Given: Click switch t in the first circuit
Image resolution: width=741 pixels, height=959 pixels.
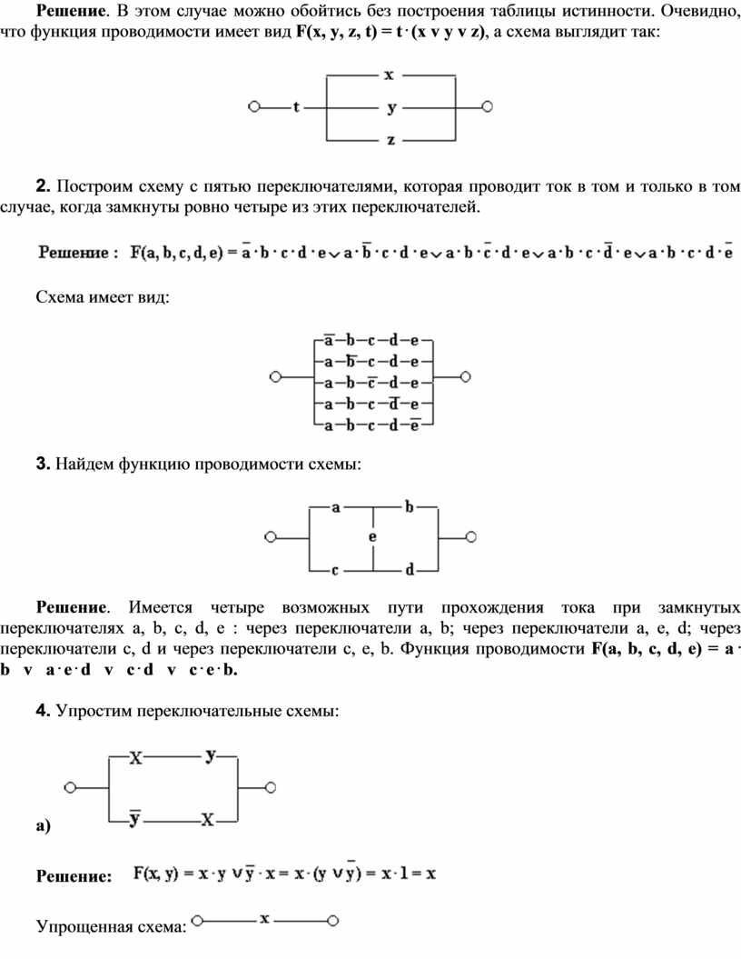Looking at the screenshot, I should (297, 107).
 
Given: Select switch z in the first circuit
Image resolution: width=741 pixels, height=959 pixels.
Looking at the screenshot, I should (390, 140).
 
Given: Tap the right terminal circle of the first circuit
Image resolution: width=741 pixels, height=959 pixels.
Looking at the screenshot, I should (488, 107).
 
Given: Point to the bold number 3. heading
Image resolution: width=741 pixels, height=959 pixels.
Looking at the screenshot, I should (42, 465).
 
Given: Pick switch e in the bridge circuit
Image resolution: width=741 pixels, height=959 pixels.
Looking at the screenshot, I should (373, 538).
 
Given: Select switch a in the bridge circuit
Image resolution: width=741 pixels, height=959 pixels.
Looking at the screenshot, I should (336, 508).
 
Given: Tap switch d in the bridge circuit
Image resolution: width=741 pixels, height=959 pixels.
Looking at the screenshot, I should (410, 570).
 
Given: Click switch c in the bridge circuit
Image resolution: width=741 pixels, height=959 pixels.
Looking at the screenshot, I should (335, 570).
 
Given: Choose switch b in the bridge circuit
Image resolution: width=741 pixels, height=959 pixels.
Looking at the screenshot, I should (410, 507).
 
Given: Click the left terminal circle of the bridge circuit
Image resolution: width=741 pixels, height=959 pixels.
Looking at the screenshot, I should (270, 538).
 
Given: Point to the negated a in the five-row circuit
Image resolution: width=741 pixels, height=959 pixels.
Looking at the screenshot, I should (329, 342).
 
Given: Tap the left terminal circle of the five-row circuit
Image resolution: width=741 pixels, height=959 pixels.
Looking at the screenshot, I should (275, 375).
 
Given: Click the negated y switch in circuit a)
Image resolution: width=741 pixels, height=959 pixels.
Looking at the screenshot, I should (133, 819).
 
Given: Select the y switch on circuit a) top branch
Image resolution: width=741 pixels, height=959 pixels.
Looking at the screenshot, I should (211, 755).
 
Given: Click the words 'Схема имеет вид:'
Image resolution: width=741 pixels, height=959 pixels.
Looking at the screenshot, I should (102, 297).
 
